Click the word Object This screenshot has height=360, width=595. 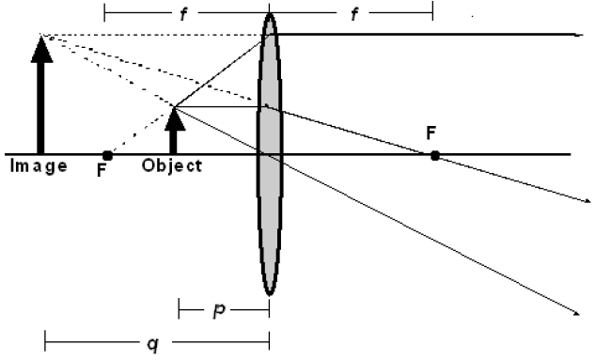tap(172, 166)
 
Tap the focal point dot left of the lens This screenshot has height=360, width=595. tap(107, 154)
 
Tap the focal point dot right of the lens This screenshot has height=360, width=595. tap(434, 154)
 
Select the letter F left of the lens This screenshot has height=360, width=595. tap(101, 171)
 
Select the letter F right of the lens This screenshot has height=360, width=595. tap(431, 133)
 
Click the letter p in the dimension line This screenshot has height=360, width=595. tap(217, 309)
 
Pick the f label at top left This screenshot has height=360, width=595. tap(184, 15)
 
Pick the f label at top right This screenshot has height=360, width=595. tap(350, 15)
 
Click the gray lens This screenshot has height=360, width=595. tap(269, 188)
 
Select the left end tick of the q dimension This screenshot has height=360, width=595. tap(45, 343)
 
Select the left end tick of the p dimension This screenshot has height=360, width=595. tap(179, 309)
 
